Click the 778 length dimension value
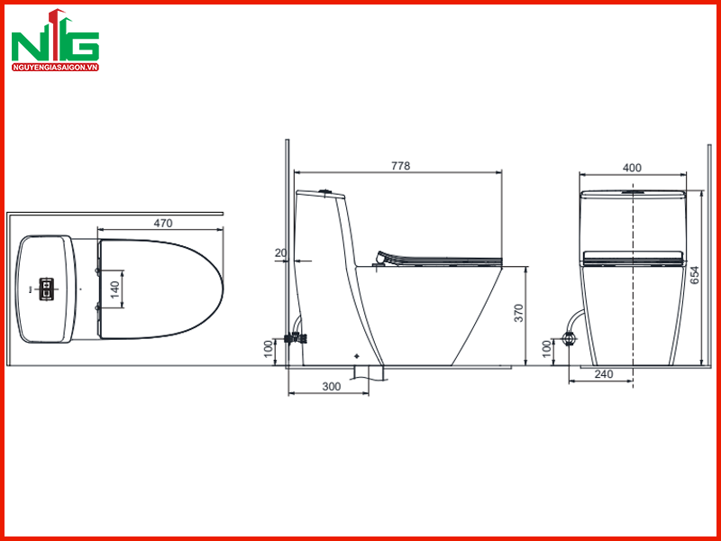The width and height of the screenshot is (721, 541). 400,166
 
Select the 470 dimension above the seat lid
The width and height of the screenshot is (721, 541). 163,223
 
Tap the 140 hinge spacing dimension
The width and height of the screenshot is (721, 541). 114,288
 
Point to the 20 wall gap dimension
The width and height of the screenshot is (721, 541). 280,252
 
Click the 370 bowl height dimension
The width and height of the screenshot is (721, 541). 519,313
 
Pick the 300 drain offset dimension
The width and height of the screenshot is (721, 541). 331,387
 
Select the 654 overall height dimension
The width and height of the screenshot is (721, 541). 694,275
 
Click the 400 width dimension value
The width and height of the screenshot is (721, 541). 632,168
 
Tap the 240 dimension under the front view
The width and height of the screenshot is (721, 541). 604,374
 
